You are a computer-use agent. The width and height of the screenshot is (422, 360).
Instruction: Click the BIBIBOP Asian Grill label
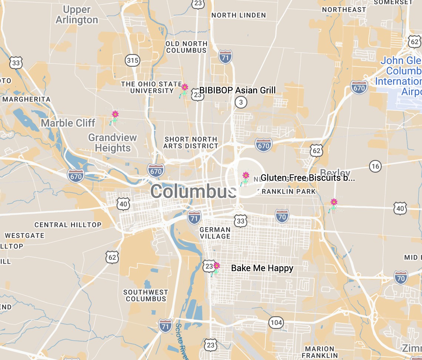237,90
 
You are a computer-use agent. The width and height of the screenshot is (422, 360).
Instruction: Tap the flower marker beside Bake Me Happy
216,266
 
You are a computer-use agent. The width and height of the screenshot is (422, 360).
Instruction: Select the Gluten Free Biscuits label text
308,178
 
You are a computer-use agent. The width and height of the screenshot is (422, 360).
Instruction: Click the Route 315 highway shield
132,60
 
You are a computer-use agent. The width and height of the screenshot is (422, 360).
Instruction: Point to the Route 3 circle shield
241,102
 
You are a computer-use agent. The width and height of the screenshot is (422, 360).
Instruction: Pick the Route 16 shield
375,166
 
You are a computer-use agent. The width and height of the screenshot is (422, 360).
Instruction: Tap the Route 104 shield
276,323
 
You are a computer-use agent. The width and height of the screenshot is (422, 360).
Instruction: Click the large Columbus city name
193,191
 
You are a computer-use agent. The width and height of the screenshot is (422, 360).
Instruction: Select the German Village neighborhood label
215,233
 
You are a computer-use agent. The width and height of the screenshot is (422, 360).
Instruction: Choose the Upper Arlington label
77,15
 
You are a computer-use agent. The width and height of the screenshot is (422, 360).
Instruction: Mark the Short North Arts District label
191,143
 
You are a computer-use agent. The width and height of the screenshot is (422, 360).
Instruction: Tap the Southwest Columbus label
146,296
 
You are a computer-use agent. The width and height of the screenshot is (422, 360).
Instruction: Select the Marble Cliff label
68,123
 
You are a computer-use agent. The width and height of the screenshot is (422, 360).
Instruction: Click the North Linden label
238,15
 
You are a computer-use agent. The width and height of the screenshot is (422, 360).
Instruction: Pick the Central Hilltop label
68,225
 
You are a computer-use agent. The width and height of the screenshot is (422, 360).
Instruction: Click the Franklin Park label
289,191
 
